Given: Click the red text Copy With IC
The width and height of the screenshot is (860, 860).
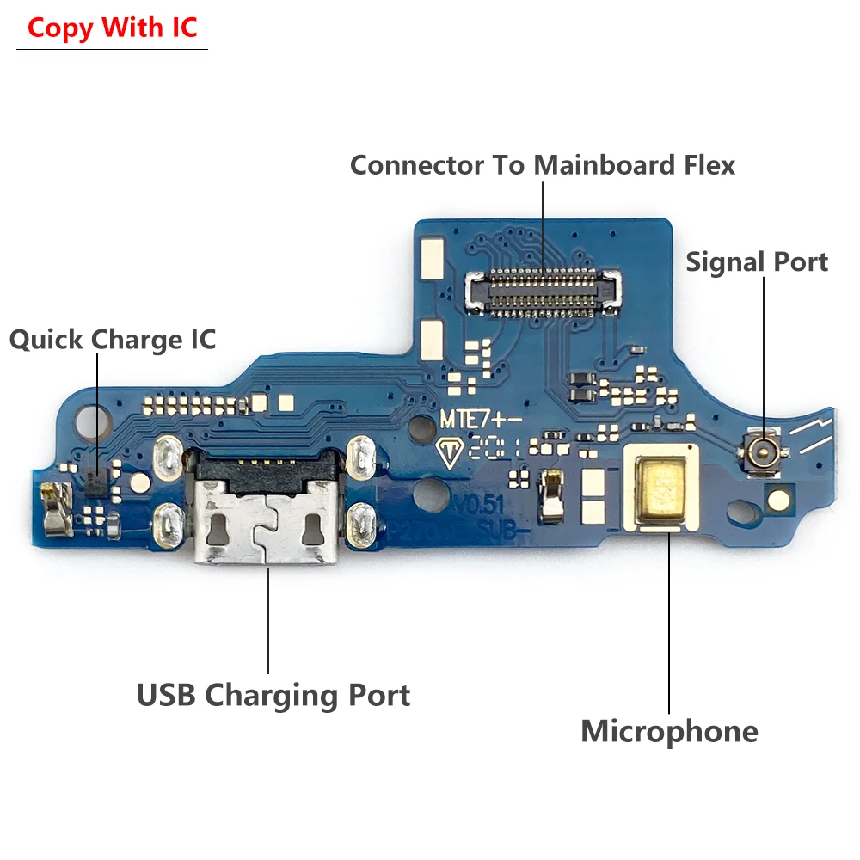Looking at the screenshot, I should tap(113, 28).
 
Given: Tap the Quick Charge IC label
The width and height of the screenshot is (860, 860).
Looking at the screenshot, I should tap(113, 340).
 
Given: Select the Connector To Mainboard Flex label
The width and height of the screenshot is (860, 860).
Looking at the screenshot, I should tap(543, 165).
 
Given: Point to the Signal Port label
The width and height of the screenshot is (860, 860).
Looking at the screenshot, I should tap(757, 262).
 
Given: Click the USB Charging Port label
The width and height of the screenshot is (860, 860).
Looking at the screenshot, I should tap(273, 695).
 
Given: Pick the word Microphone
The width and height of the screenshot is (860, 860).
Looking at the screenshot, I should tap(669, 732).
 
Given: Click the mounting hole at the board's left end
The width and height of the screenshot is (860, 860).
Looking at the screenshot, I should tap(89, 421).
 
